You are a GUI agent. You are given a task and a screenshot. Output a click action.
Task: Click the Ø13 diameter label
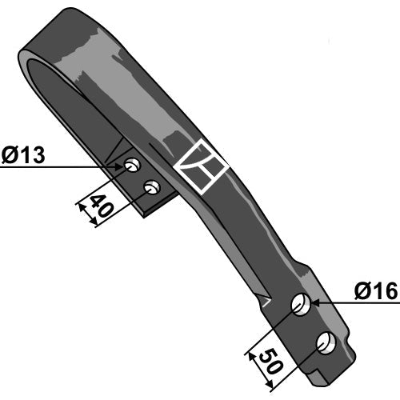[23, 154]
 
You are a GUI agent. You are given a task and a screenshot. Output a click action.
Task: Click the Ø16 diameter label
[376, 291]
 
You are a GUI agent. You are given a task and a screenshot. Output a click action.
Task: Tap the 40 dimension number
[102, 206]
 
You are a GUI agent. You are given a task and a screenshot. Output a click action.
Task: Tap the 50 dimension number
[270, 361]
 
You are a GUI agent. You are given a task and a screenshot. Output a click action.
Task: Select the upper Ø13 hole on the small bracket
[132, 165]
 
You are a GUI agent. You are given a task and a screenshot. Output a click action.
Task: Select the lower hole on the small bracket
[152, 188]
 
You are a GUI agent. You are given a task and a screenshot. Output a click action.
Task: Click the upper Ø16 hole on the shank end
[301, 304]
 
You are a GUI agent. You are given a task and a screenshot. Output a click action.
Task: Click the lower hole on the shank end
[326, 343]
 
